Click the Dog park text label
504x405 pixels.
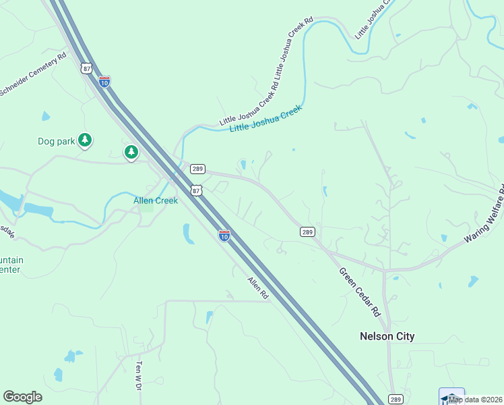coord(55,142)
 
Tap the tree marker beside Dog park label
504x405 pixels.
coord(84,140)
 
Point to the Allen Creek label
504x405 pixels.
coord(156,200)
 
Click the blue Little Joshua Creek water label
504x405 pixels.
coord(265,119)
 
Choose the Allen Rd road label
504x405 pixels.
coord(258,288)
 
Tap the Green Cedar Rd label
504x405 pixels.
coord(360,293)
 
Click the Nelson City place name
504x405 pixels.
coord(387,336)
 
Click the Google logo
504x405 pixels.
coord(22,397)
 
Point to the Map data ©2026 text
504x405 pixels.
coord(476,400)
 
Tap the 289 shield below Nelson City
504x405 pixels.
coord(396,399)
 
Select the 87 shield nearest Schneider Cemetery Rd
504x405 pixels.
coord(86,68)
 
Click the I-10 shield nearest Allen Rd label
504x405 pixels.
coord(224,235)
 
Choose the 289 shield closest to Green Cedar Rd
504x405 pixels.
coord(307,232)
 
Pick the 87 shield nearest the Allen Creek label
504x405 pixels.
coord(196,190)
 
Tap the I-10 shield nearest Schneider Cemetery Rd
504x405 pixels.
coord(104,82)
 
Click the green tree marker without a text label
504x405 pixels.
coord(131,153)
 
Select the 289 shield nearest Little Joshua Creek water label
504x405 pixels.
coord(197,169)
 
